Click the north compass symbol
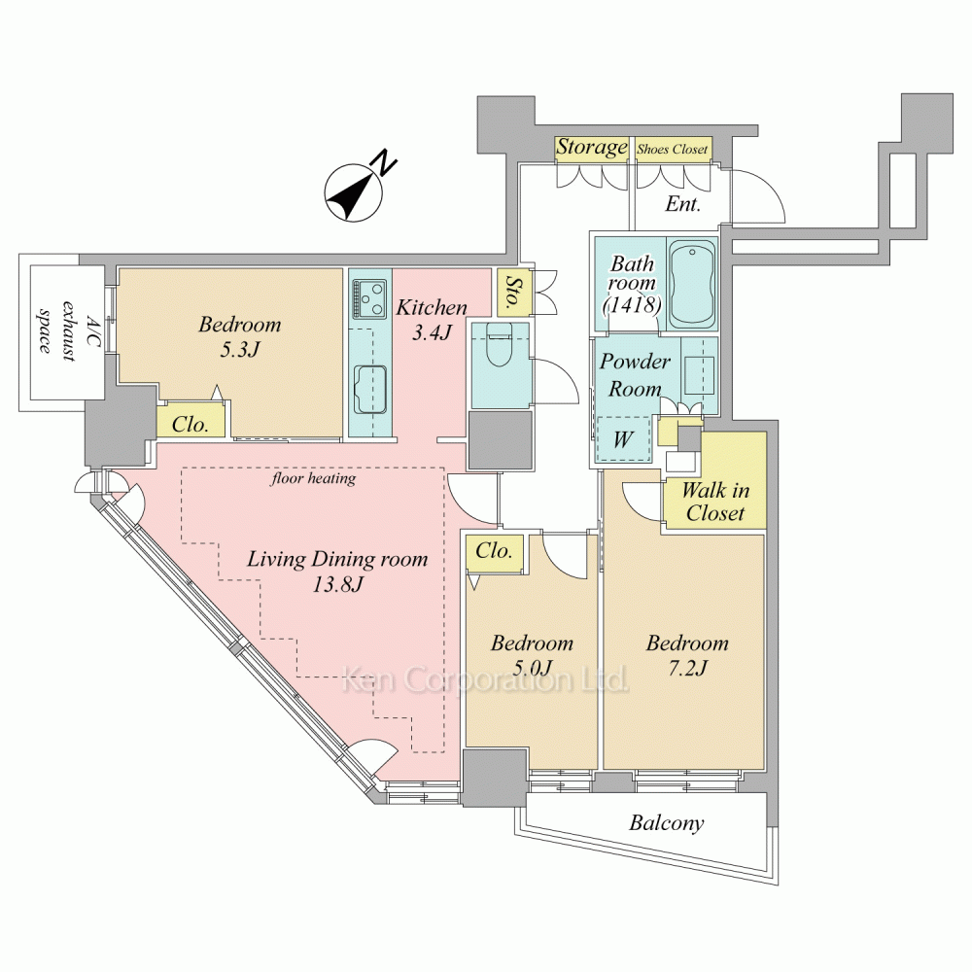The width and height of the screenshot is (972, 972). coord(354,192)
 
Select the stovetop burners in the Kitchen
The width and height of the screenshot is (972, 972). coord(369,297)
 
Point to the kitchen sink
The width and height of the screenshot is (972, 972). coord(370,388)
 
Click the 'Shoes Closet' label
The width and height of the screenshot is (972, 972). coord(672,150)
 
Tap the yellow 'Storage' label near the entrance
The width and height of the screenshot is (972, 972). coord(592,148)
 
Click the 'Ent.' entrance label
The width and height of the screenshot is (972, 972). coord(682,204)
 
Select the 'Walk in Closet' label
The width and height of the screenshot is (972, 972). coord(715,502)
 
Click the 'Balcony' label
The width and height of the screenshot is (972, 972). coord(667,823)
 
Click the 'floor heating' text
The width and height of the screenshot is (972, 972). coord(313,478)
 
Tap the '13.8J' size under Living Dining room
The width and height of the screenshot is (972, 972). coord(337,584)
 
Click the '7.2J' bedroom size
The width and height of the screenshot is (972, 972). coord(687,669)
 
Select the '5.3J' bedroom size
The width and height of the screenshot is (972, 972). coord(239,350)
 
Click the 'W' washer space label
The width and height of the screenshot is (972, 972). coord(622,439)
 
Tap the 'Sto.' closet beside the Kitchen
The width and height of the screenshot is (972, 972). coord(513,293)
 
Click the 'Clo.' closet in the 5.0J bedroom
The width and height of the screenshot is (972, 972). coord(494,551)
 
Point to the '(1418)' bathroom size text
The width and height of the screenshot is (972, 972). coord(633,304)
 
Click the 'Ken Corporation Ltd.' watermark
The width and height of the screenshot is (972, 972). coord(486,679)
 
